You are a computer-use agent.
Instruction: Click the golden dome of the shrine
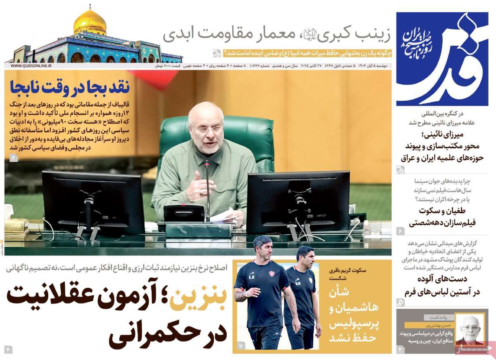(x=90, y=23)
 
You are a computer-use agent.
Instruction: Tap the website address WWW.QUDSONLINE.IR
(x=31, y=66)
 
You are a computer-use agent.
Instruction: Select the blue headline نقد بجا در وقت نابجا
(x=70, y=87)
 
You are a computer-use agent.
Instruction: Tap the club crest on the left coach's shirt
(x=272, y=274)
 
